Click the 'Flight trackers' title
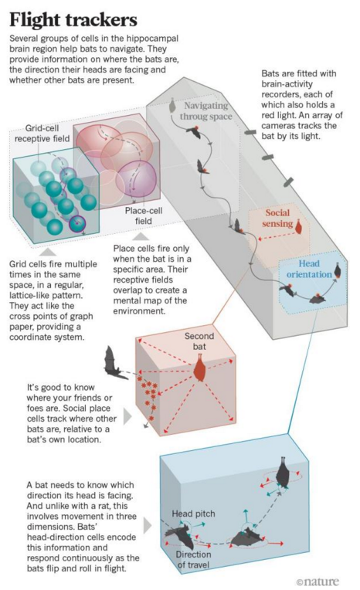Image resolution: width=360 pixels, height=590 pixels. [x=73, y=19]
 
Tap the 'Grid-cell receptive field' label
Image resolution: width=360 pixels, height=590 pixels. [x=42, y=133]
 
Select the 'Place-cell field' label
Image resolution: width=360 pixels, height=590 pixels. [x=144, y=215]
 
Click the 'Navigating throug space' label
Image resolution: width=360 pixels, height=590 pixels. [x=205, y=110]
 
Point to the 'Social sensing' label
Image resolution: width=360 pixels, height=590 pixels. [x=277, y=218]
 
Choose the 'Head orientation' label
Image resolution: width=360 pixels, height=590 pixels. [x=309, y=269]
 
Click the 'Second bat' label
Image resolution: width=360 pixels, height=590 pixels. [x=199, y=341]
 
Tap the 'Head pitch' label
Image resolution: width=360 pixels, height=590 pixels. [x=194, y=514]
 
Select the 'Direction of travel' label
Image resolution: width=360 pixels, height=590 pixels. [x=194, y=560]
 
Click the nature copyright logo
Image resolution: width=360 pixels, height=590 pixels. [x=318, y=582]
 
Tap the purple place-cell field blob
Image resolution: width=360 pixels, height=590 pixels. [x=136, y=178]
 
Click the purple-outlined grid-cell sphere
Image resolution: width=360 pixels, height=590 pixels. [x=77, y=224]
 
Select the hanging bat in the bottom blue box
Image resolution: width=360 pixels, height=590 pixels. [x=283, y=471]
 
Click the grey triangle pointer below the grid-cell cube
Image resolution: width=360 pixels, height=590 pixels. [x=50, y=252]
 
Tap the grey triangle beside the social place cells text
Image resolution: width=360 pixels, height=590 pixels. [x=127, y=416]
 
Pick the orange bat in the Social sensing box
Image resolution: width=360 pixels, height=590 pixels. [x=299, y=227]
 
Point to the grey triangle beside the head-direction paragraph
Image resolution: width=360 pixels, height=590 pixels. [x=148, y=526]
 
